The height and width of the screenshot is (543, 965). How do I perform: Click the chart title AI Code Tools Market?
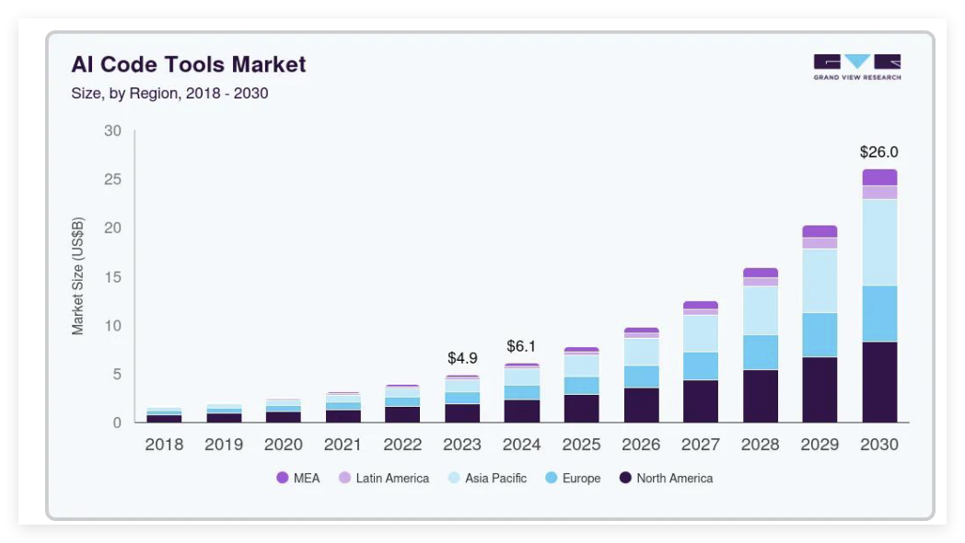click(x=189, y=64)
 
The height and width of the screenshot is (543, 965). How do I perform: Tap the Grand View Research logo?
click(x=856, y=66)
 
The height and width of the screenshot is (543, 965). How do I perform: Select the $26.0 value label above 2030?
click(x=878, y=152)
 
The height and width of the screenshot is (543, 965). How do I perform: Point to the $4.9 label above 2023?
click(x=462, y=358)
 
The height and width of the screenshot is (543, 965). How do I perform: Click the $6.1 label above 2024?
click(x=521, y=347)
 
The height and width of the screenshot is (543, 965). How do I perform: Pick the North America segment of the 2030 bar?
click(x=879, y=382)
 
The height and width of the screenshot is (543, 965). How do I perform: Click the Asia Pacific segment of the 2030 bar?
click(x=879, y=242)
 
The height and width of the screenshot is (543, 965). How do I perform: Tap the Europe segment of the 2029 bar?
click(x=820, y=335)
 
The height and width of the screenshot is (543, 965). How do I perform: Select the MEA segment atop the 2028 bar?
click(x=761, y=272)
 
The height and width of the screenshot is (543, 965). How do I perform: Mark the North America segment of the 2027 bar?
click(x=701, y=401)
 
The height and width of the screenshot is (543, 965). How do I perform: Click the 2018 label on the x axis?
click(x=164, y=445)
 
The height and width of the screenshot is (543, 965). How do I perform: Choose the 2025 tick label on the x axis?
click(x=581, y=445)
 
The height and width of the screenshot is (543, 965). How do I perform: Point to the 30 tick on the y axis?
click(x=112, y=131)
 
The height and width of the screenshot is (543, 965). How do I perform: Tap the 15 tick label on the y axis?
click(x=112, y=277)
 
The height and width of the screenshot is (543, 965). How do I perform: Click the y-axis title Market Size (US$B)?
click(x=78, y=276)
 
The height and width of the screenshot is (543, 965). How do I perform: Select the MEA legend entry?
click(x=298, y=478)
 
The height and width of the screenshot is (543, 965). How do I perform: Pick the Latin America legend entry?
click(x=384, y=478)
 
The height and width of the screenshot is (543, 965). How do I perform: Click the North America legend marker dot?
click(x=626, y=478)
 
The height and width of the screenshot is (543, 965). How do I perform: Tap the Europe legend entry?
click(x=573, y=478)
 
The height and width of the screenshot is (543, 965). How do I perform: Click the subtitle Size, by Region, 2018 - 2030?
click(x=169, y=93)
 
